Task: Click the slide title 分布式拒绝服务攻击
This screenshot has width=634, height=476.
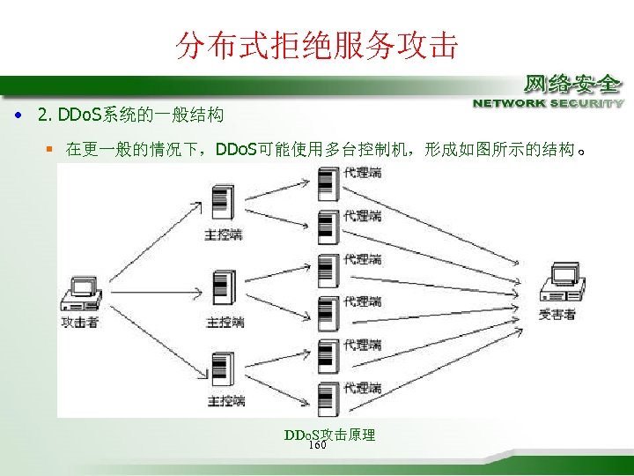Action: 317,44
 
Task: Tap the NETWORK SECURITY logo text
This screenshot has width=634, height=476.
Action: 548,103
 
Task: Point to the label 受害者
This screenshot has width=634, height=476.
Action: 557,314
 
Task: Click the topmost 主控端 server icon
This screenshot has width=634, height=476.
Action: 223,205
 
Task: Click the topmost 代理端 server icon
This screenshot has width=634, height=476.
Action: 326,181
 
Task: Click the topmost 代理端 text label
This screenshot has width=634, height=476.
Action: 362,173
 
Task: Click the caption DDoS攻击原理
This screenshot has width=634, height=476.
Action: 330,435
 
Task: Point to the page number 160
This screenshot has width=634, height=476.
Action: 318,445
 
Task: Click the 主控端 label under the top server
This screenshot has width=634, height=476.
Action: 225,234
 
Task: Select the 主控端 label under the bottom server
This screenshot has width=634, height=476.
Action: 225,401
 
